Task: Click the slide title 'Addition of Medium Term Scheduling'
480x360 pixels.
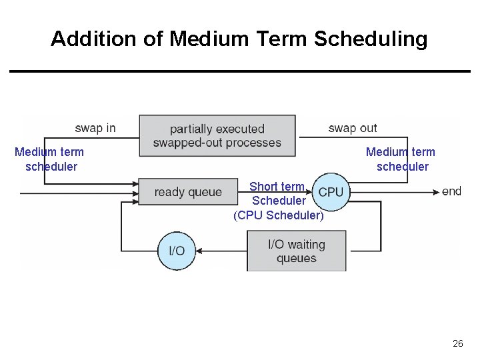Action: point(239,39)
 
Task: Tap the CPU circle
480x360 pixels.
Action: point(331,192)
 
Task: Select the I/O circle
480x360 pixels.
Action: point(177,251)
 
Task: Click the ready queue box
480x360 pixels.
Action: point(188,192)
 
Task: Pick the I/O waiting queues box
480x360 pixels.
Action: point(297,251)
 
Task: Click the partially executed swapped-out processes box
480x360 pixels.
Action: point(217,135)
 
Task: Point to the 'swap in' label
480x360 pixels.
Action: point(95,128)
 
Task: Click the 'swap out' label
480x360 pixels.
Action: point(353,128)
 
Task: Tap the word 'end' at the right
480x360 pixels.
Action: point(451,191)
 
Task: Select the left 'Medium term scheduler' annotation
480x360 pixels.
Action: point(50,159)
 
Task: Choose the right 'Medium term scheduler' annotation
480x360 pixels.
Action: point(401,159)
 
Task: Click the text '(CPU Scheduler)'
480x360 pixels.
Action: point(279,215)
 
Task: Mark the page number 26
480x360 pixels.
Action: point(457,343)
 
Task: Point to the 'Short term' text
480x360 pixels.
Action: point(277,187)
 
